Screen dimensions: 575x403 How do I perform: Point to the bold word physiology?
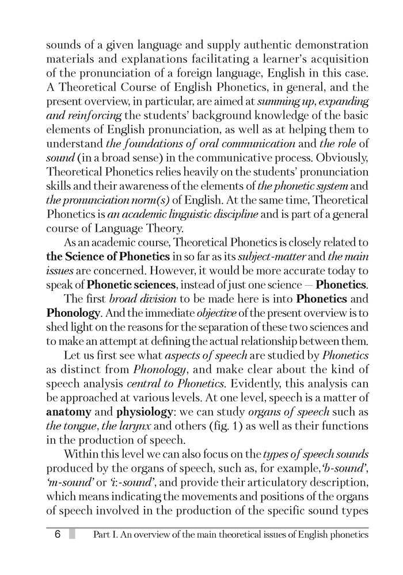(146, 413)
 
